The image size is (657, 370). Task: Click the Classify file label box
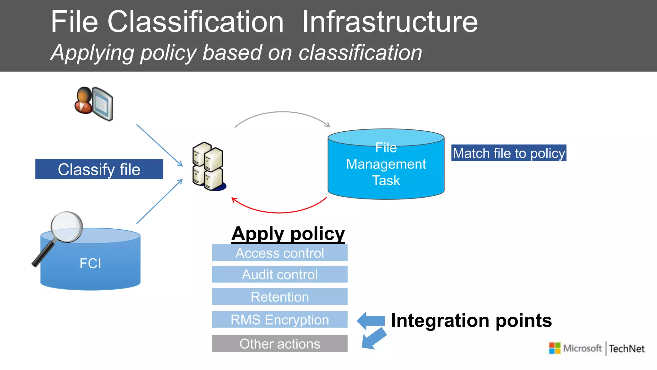click(x=99, y=169)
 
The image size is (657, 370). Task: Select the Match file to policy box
click(x=508, y=153)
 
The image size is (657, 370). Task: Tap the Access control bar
click(x=280, y=253)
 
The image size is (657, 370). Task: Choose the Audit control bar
click(x=280, y=275)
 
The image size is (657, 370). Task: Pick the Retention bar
click(x=280, y=297)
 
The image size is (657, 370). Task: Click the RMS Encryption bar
click(x=280, y=320)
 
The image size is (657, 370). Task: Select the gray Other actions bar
click(x=280, y=344)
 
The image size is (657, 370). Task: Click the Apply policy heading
click(x=288, y=233)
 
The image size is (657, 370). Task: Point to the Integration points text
click(x=471, y=321)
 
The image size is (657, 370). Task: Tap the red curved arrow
click(x=279, y=212)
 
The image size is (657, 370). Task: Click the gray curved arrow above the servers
click(x=282, y=112)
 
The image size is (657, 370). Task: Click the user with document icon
click(x=94, y=103)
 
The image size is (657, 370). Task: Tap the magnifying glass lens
click(x=67, y=227)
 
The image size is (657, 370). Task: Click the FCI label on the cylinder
click(x=90, y=264)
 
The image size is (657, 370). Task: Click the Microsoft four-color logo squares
click(x=555, y=348)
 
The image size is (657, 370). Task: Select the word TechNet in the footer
click(x=627, y=349)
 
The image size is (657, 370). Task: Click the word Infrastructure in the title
click(x=390, y=22)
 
